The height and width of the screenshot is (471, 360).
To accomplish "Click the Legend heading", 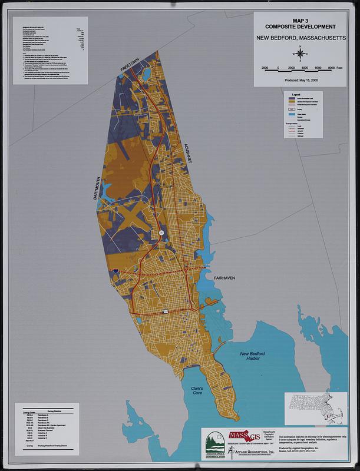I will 296,94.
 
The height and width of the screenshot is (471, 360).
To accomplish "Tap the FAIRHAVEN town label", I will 224,277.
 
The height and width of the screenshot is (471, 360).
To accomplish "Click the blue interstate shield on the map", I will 117,270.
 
